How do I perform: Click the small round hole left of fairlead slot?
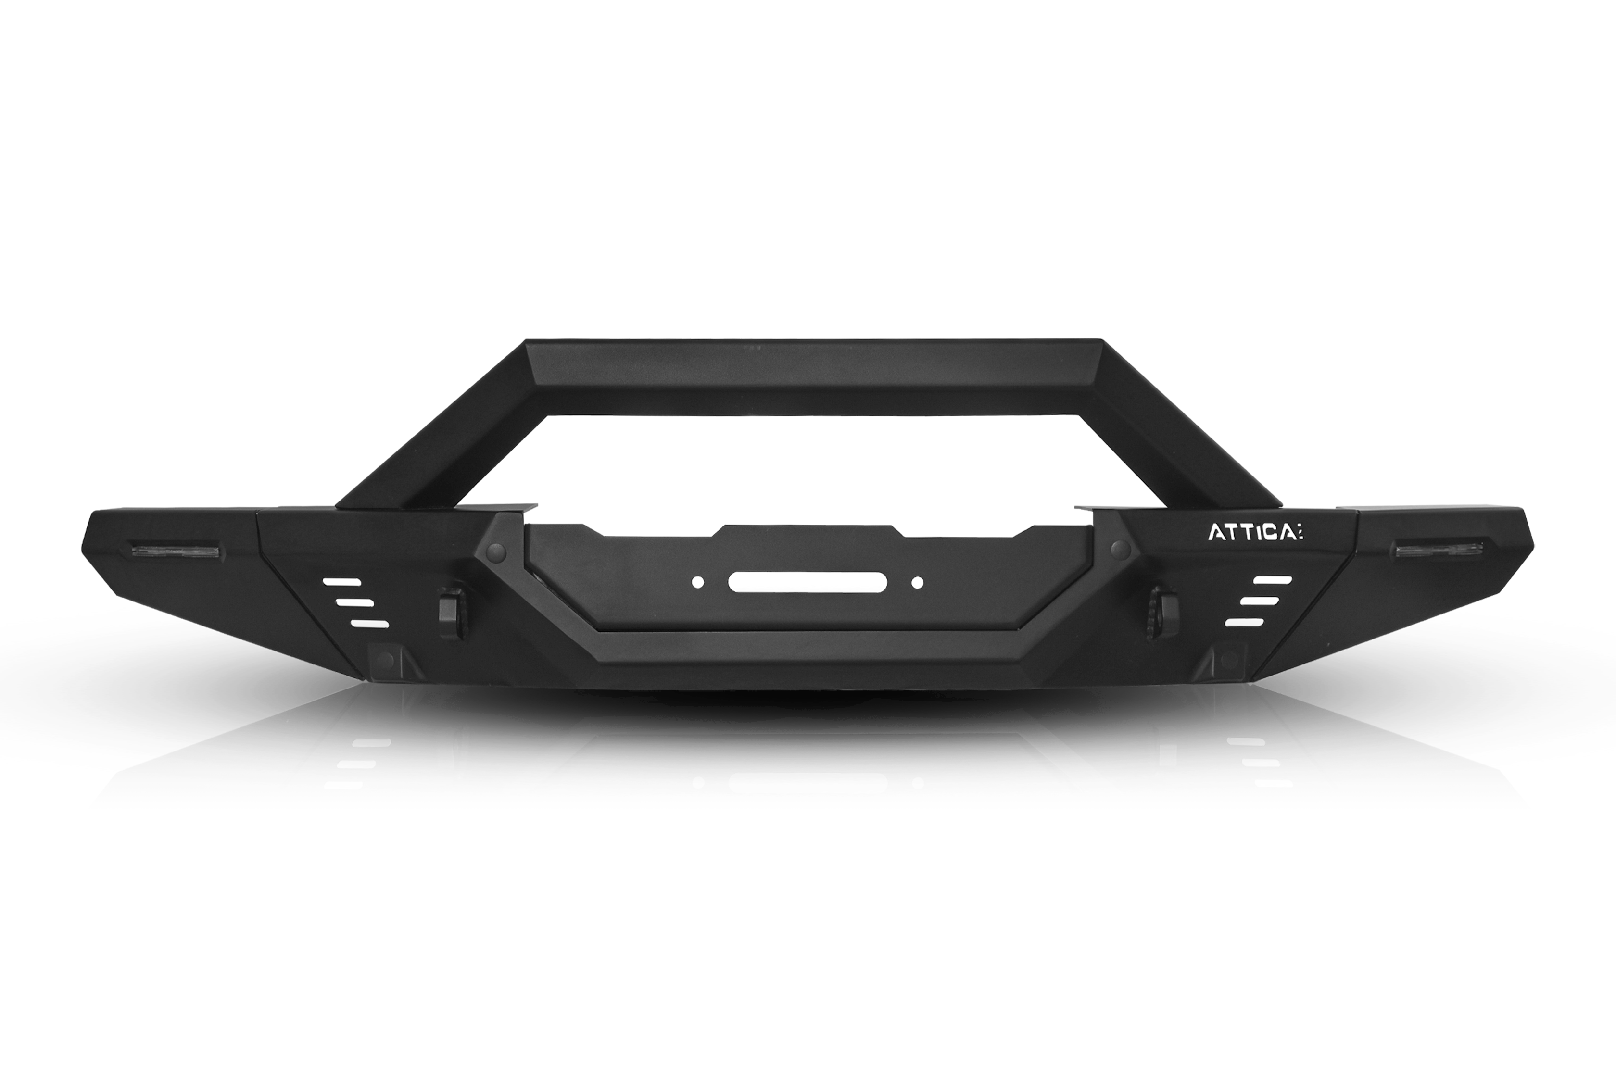pyautogui.click(x=697, y=582)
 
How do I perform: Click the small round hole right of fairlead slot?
pyautogui.click(x=917, y=582)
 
